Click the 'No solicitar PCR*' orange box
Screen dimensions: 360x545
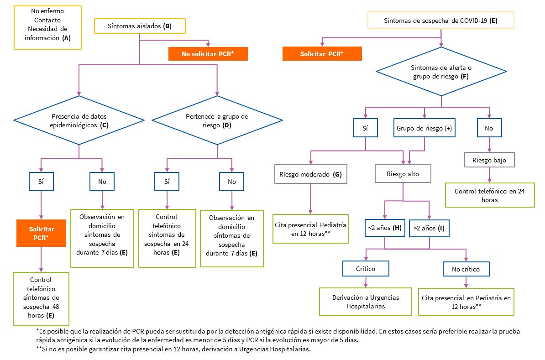click(208, 54)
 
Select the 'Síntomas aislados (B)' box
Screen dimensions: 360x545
click(140, 26)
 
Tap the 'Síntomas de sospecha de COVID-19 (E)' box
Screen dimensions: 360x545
click(440, 21)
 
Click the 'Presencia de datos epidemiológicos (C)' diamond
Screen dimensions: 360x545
click(79, 120)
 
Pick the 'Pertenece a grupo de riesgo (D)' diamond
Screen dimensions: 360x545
click(217, 120)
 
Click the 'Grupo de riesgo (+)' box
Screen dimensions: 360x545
click(424, 128)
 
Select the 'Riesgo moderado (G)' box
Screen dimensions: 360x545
click(310, 174)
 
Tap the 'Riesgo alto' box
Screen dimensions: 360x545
click(403, 174)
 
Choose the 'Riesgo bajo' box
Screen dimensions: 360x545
click(489, 160)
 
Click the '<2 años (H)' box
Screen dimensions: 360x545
click(384, 228)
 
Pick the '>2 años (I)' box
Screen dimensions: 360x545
click(429, 228)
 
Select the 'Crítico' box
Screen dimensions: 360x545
click(366, 269)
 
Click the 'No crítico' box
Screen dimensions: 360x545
click(466, 269)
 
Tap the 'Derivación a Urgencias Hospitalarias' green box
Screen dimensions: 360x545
click(366, 302)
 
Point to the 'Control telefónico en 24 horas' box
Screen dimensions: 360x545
click(489, 195)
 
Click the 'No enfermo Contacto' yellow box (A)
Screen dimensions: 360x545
click(47, 27)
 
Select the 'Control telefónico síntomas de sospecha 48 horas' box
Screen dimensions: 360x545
click(41, 298)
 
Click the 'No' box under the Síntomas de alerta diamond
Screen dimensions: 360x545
click(489, 128)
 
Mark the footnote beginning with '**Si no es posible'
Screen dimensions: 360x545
click(173, 350)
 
